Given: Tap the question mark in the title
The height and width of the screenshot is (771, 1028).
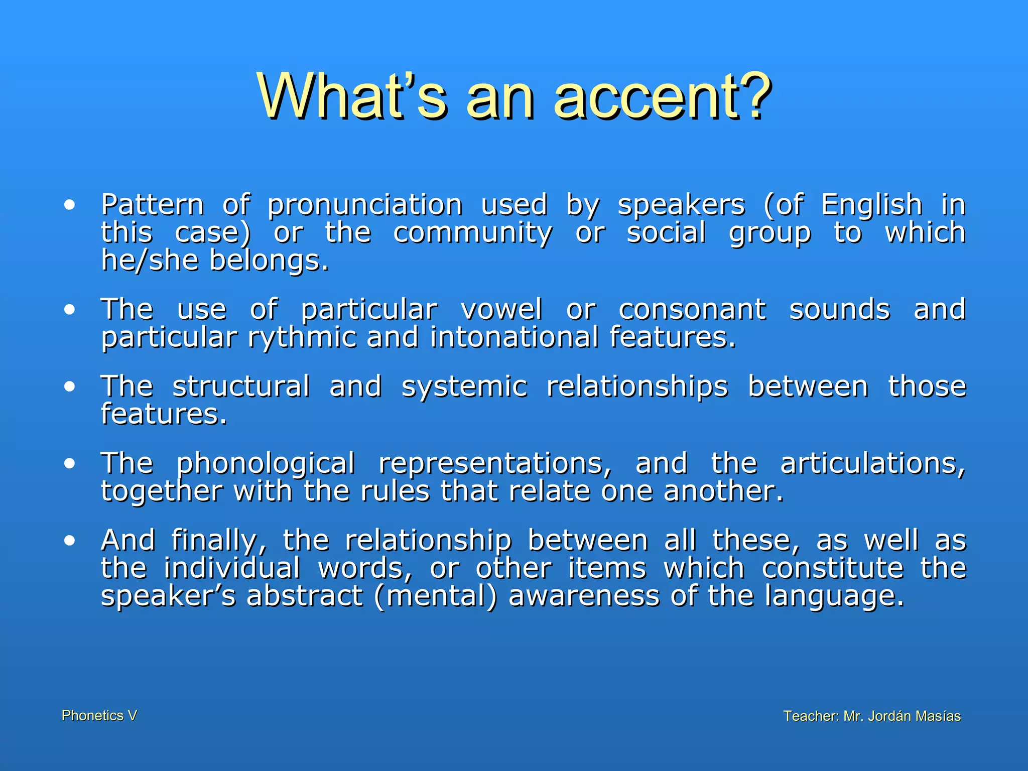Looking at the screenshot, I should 752,95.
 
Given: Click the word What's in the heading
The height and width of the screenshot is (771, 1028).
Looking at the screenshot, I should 352,95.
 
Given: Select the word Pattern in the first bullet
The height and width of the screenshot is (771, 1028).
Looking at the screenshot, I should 152,205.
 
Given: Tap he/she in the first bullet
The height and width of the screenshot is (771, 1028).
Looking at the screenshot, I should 150,261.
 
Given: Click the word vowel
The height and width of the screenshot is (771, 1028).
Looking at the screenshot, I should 501,309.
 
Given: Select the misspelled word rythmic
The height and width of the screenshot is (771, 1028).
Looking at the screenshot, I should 302,338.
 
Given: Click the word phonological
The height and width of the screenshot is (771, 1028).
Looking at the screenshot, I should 266,464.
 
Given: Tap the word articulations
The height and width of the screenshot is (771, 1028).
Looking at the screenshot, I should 872,464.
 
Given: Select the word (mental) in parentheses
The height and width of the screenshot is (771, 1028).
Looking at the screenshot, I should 435,596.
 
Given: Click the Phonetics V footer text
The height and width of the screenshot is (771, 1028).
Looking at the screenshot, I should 99,715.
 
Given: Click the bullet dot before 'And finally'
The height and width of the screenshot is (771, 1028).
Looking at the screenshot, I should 70,541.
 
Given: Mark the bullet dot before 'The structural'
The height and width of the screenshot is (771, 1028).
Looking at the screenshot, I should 70,387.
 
